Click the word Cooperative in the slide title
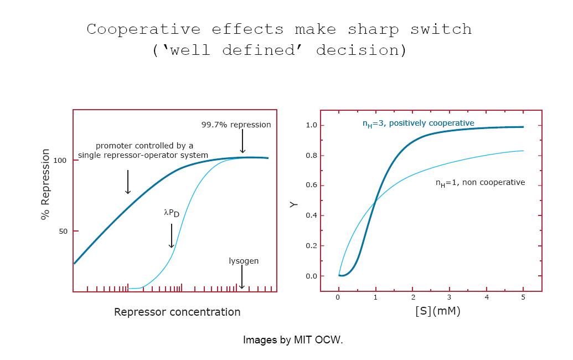tap(143, 29)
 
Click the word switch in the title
tap(441, 29)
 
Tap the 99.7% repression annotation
tap(236, 125)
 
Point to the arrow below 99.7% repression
tap(242, 141)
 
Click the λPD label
tap(172, 213)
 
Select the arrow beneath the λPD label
tap(172, 236)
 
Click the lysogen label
tap(244, 261)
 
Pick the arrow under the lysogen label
tap(241, 277)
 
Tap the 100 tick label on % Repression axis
tap(60, 161)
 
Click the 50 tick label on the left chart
tap(63, 232)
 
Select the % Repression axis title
tap(45, 184)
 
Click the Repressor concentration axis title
tap(177, 312)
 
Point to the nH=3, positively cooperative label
tap(419, 124)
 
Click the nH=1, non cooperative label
tap(480, 183)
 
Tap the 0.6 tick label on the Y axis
tap(311, 186)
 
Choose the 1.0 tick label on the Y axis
tap(311, 125)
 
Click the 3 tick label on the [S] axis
tap(449, 297)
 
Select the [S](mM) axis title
tap(438, 311)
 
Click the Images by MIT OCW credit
tap(293, 340)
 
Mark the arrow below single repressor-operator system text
tap(128, 182)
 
